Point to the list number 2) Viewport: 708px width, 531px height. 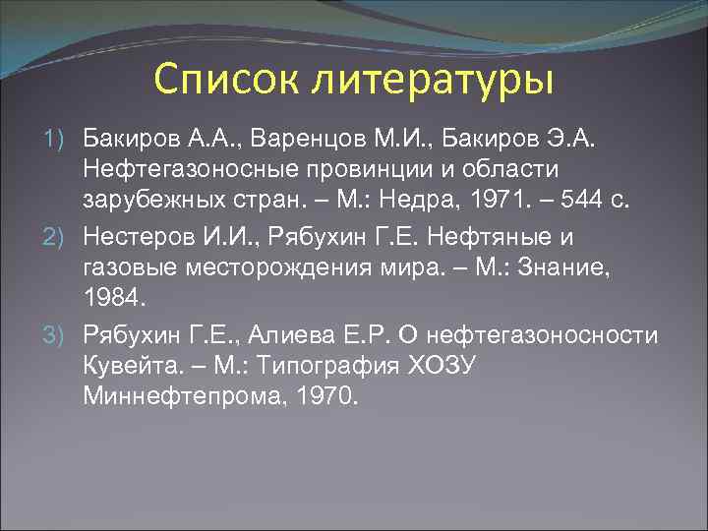click(x=59, y=237)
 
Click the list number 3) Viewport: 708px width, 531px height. click(x=59, y=337)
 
